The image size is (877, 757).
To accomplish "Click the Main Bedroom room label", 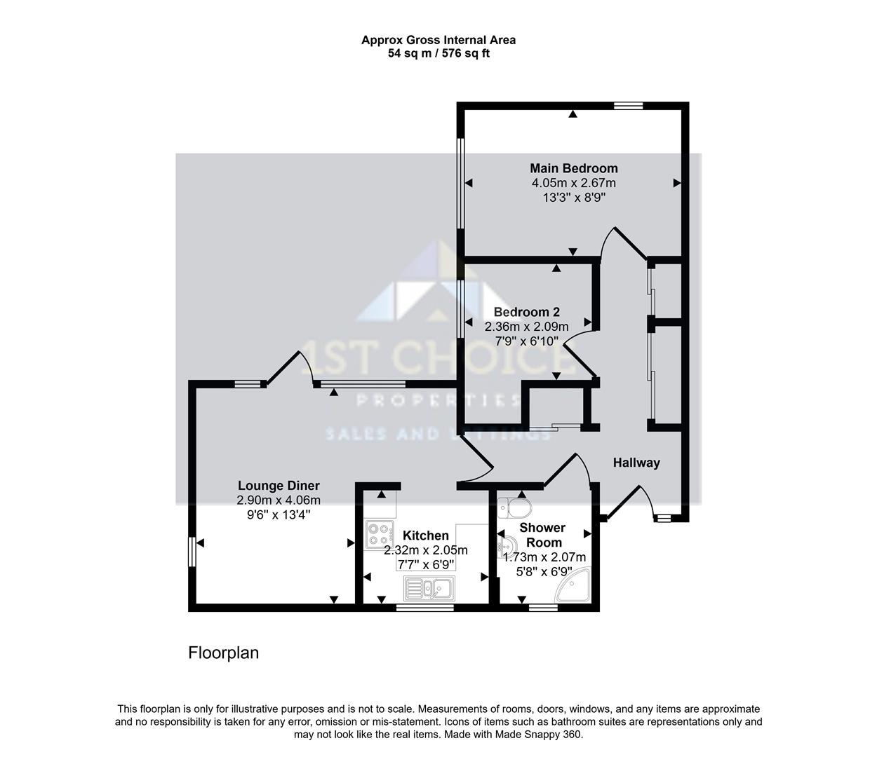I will [573, 168].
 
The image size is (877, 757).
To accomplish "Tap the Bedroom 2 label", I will [526, 312].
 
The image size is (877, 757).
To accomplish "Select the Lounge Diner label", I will [279, 486].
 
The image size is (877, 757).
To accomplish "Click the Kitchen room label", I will [425, 536].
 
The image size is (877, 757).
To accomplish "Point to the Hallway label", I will [636, 463].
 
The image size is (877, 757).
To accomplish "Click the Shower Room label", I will [542, 535].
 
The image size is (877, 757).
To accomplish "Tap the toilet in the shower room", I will [518, 505].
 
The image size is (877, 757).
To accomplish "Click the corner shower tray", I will [575, 586].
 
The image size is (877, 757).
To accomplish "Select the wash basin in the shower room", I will [508, 546].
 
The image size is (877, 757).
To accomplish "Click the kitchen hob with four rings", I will [380, 536].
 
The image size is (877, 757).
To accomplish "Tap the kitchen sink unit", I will [429, 588].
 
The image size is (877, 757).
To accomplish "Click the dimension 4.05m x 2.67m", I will [573, 183].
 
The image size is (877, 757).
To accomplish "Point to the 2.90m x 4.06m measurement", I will [279, 500].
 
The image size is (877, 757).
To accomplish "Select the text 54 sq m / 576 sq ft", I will [438, 53].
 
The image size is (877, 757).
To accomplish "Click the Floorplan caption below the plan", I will [223, 653].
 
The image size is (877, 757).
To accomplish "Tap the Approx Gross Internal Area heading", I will [438, 40].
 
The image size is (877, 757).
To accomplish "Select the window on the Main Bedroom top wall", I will [628, 106].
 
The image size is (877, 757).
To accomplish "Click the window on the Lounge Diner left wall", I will [192, 551].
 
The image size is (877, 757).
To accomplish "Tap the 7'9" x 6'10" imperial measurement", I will [526, 341].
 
